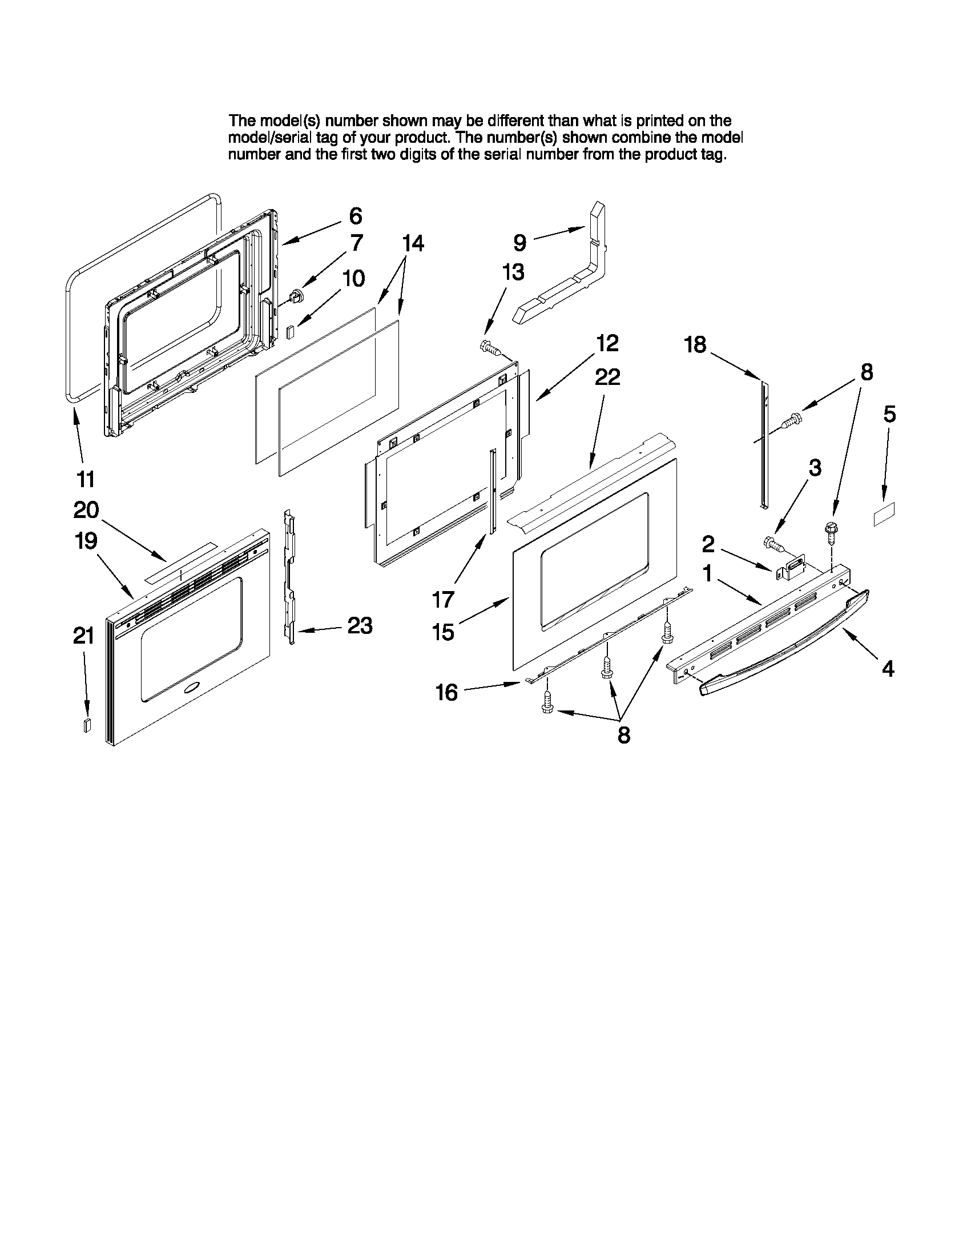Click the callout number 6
(x=356, y=216)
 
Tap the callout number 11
(x=86, y=478)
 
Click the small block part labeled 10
(x=291, y=332)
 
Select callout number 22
(x=607, y=377)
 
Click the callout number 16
(x=446, y=692)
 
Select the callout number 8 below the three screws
(x=624, y=735)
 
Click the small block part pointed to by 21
(x=87, y=725)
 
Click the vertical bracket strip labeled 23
(x=291, y=576)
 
